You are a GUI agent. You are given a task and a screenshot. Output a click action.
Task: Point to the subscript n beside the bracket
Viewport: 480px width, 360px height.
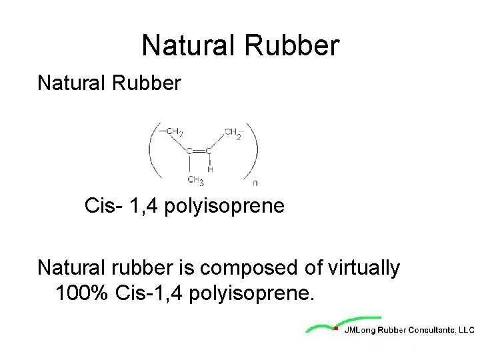[256, 182]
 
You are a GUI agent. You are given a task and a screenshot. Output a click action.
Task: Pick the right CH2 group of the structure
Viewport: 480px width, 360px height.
[234, 131]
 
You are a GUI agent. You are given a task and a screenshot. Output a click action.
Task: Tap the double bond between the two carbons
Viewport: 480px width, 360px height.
[200, 151]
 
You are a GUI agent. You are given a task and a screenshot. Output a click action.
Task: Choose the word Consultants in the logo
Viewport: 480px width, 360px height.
[431, 329]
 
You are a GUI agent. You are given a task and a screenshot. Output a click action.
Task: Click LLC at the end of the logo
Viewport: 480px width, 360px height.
[466, 329]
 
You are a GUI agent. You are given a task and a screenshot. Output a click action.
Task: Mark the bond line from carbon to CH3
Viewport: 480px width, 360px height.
[191, 165]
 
